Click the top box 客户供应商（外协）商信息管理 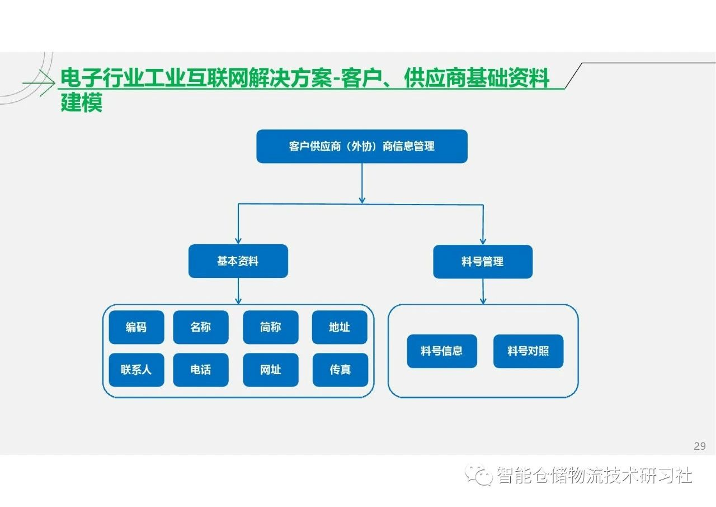pos(362,146)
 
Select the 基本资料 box pos(238,261)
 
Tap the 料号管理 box pos(483,262)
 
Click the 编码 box pos(136,327)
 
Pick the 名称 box pos(201,327)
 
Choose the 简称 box pos(271,327)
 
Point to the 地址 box pos(340,327)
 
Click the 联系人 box pos(136,370)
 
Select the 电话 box pos(201,370)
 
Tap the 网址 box pos(271,370)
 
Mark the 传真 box pos(341,370)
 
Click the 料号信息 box pos(442,351)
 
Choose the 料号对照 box pos(529,351)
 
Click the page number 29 pos(700,446)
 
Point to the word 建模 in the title pos(82,103)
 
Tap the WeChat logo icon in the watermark pos(478,475)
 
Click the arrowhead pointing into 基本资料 pos(238,241)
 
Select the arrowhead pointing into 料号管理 pos(483,241)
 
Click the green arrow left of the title pos(39,83)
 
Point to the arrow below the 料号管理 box pos(483,291)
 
